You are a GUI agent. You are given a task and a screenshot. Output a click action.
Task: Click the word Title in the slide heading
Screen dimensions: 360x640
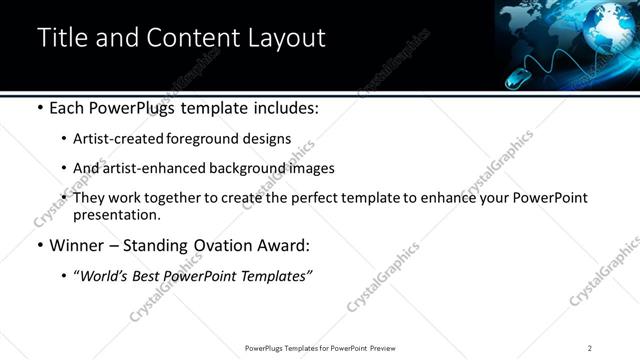tap(62, 38)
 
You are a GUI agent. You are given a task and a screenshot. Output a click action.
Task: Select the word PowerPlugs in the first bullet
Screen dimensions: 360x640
tap(131, 107)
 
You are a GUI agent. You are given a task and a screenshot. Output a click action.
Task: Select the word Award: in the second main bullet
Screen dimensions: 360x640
tap(285, 245)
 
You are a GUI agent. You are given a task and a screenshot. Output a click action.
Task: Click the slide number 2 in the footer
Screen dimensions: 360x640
tap(590, 348)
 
